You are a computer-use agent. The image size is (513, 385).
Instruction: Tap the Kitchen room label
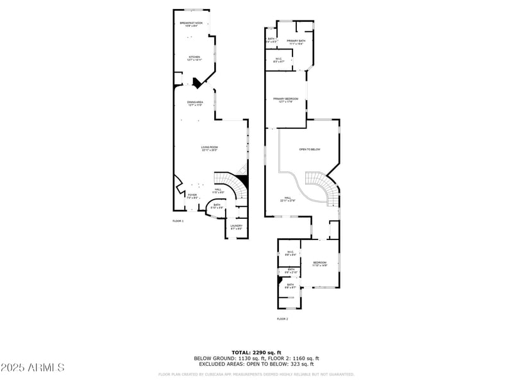pos(194,58)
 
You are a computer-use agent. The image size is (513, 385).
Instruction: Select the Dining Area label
pos(195,104)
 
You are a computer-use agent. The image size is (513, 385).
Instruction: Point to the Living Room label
pos(210,150)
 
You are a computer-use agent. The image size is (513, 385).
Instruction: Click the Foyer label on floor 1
pos(192,196)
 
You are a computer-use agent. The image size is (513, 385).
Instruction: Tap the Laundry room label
pos(236,227)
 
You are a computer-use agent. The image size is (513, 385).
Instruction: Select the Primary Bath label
pos(296,42)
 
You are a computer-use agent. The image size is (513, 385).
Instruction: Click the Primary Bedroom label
pos(286,100)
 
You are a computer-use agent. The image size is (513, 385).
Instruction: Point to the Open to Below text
pos(310,150)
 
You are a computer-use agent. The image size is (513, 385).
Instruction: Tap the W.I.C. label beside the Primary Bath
pos(279,60)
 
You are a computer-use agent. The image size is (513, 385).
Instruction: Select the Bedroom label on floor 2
pos(320,264)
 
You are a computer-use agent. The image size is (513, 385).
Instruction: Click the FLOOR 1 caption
pos(178,221)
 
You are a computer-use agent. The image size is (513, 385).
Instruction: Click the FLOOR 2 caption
pos(283,319)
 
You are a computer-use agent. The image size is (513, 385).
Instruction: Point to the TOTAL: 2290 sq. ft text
pos(256,352)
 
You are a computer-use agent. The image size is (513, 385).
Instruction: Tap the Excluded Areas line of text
pos(256,364)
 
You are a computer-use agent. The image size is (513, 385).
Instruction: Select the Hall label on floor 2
pos(288,198)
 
